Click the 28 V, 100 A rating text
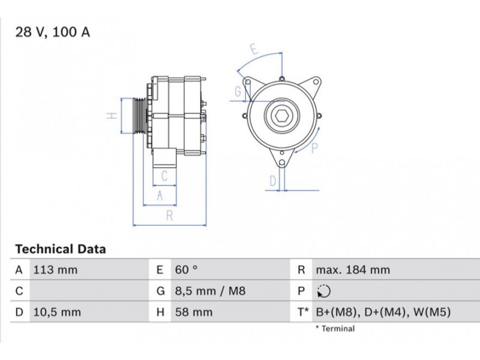53,32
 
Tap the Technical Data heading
61,249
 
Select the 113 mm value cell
55,270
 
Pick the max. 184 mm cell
353,270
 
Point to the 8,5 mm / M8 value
211,291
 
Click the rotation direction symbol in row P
323,291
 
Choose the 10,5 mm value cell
57,312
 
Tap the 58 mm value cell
194,312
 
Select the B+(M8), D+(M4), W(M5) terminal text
383,312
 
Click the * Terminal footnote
335,329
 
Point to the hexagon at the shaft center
281,116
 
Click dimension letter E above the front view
254,49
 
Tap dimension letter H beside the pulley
112,116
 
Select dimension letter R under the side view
169,216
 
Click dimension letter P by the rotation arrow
314,148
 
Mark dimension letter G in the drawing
238,91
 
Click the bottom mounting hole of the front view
282,163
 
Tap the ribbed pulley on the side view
140,116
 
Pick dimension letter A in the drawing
160,196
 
